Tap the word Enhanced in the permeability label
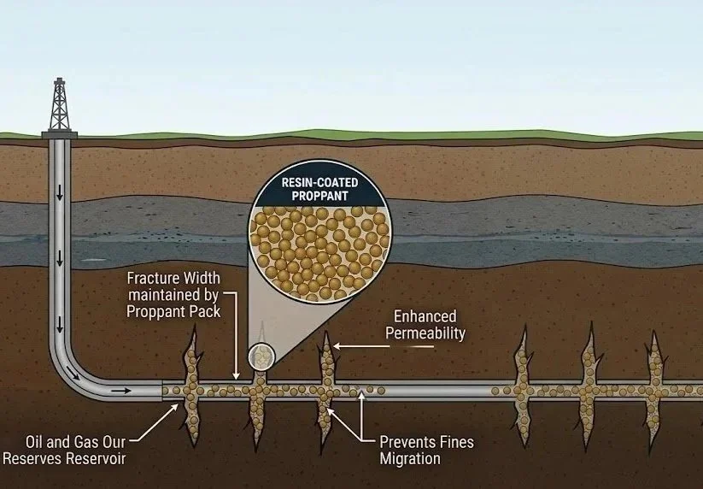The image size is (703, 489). (x=425, y=316)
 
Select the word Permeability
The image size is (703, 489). (x=425, y=333)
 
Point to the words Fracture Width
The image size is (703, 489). (x=173, y=279)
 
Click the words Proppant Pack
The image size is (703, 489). (x=173, y=312)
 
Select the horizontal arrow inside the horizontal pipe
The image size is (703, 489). (x=123, y=391)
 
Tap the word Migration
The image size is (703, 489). (x=411, y=459)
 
